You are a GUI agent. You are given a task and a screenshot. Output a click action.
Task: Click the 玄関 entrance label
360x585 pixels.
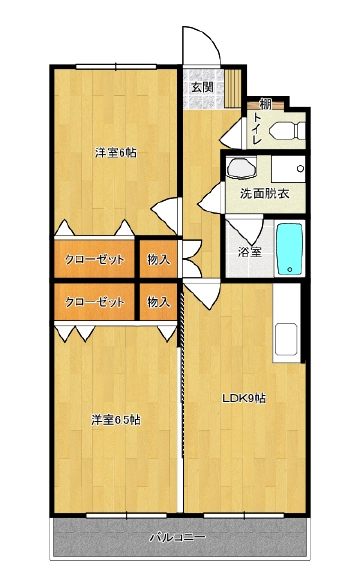click(203, 87)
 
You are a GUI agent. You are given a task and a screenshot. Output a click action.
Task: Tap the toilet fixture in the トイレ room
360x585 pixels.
click(288, 131)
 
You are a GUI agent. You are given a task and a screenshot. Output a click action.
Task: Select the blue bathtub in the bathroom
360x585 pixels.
click(289, 248)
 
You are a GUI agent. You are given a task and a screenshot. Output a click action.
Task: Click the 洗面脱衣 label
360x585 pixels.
click(264, 194)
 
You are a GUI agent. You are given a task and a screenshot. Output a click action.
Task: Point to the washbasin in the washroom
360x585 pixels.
click(241, 168)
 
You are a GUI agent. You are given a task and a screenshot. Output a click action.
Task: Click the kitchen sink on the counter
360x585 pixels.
click(286, 340)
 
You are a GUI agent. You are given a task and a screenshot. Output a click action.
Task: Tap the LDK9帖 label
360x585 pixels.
click(244, 398)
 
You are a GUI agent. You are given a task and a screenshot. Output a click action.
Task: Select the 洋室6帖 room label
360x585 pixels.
click(116, 153)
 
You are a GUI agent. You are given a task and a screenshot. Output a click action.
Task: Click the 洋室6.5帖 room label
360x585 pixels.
click(116, 420)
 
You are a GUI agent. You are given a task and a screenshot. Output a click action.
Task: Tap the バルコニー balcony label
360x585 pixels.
click(178, 537)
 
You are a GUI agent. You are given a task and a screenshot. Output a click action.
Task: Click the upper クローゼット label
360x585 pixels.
click(94, 259)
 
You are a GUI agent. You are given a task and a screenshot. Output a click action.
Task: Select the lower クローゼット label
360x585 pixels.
click(94, 301)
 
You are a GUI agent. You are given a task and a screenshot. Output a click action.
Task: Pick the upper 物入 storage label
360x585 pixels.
click(159, 259)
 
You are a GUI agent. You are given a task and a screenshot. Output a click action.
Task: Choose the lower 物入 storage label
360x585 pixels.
click(159, 301)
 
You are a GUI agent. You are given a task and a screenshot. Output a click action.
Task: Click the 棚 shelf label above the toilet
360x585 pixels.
click(265, 104)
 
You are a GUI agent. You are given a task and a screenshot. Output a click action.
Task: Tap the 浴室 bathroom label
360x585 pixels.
click(250, 252)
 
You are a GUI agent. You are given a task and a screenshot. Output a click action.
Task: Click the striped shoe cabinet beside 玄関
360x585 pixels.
click(234, 88)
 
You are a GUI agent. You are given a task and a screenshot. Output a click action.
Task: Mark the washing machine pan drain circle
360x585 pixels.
click(300, 169)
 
